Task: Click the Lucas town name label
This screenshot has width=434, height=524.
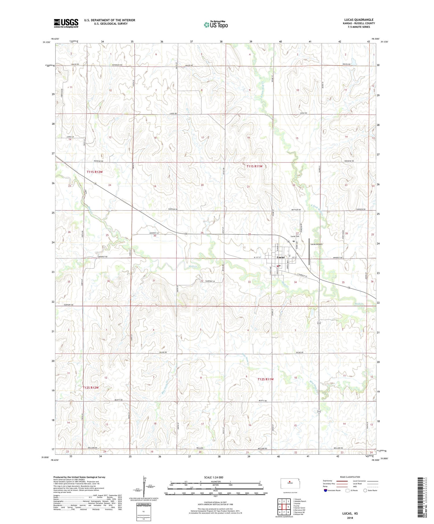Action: pyautogui.click(x=281, y=257)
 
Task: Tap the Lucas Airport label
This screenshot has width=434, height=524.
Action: pyautogui.click(x=316, y=244)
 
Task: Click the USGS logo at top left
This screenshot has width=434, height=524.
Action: pyautogui.click(x=66, y=23)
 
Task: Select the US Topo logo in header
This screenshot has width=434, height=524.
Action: pyautogui.click(x=216, y=25)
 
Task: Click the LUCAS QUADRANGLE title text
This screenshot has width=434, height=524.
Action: pyautogui.click(x=359, y=20)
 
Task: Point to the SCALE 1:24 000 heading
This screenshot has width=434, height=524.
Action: pyautogui.click(x=214, y=477)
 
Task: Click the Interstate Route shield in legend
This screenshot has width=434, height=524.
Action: pyautogui.click(x=325, y=490)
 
